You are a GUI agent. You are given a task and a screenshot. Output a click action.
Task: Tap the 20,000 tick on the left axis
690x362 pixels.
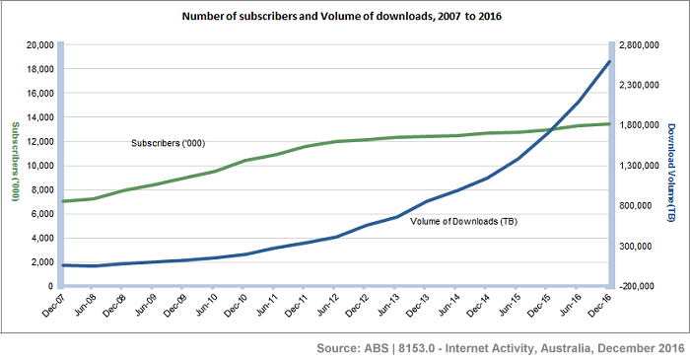(37, 45)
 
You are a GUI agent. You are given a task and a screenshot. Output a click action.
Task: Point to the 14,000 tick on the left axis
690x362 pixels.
(37, 117)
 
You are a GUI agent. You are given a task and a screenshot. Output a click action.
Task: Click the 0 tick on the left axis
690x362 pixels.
(49, 286)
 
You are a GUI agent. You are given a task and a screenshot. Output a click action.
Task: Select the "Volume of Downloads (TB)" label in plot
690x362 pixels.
(463, 221)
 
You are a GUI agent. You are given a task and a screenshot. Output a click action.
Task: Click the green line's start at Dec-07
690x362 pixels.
(63, 201)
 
